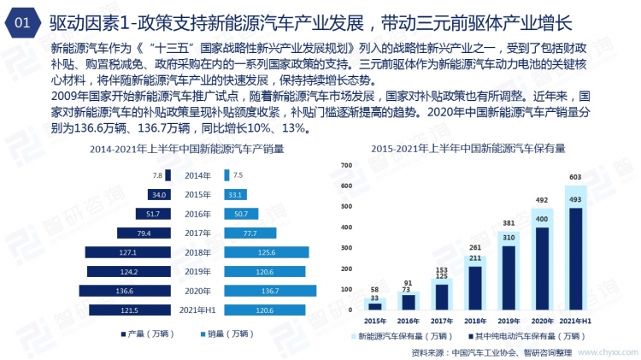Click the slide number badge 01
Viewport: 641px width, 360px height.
pyautogui.click(x=25, y=21)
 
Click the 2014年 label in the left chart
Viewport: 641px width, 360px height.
pyautogui.click(x=196, y=174)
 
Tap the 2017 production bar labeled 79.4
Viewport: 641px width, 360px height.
pyautogui.click(x=138, y=233)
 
